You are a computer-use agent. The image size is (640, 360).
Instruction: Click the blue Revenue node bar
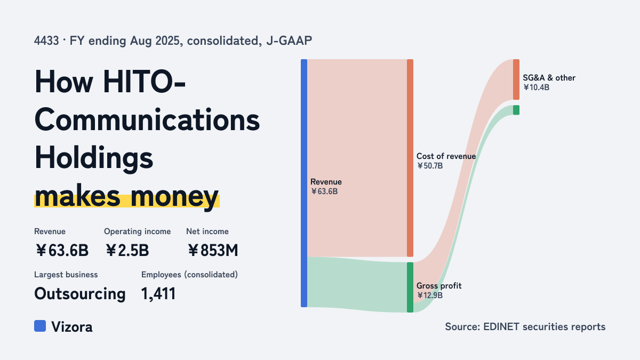tap(304, 183)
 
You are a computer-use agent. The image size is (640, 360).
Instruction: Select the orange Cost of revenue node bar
tap(410, 158)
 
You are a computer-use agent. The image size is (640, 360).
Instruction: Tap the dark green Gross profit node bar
tap(410, 287)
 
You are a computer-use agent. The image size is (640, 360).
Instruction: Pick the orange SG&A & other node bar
tap(516, 79)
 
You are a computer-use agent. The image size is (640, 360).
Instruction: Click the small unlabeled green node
tap(516, 110)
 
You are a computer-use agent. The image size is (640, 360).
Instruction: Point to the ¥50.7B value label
tap(430, 166)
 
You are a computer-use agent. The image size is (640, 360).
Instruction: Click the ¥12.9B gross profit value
tap(430, 295)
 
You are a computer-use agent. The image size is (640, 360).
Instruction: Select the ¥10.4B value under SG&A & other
tap(537, 87)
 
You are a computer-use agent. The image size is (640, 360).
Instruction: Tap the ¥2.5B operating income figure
tap(127, 250)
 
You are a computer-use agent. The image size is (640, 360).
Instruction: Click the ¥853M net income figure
tap(213, 250)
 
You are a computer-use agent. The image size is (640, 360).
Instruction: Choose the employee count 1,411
tap(158, 294)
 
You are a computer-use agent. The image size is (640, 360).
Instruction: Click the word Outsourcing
tap(80, 294)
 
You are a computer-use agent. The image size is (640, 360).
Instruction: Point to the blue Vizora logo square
tap(40, 326)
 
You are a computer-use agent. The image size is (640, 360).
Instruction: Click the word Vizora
tap(72, 326)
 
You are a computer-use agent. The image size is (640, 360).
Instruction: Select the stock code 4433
tap(46, 41)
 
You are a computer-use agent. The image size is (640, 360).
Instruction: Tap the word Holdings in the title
tap(94, 158)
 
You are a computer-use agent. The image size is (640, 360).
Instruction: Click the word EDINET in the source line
tap(501, 326)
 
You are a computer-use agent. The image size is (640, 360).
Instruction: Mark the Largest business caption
tap(66, 275)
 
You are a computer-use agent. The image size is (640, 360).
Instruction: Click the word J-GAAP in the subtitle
tap(289, 41)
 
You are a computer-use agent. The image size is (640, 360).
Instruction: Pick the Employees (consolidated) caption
tap(189, 275)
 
